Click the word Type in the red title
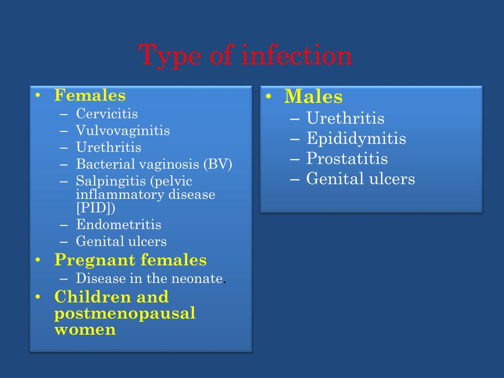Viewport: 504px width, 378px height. tap(170, 56)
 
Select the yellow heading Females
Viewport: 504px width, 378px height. tap(90, 95)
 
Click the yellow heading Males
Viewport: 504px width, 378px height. tap(314, 96)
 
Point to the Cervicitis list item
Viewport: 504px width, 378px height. tap(107, 114)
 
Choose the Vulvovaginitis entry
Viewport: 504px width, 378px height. tap(123, 130)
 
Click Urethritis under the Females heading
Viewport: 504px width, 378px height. tap(109, 147)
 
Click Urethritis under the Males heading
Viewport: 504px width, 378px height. tap(345, 118)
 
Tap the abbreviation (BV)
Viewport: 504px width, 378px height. tap(218, 164)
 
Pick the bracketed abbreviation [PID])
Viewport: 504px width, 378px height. tap(95, 208)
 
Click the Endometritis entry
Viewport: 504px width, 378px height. tap(119, 224)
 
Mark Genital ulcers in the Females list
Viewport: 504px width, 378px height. tap(121, 241)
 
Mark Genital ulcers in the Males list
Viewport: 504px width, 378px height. tap(360, 178)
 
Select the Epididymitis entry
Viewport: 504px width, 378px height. tap(356, 138)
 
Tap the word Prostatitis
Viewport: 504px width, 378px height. tap(347, 158)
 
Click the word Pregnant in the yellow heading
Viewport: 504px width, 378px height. tap(95, 260)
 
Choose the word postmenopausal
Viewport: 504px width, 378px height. tap(125, 314)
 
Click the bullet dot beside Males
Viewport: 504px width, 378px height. tap(269, 96)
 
